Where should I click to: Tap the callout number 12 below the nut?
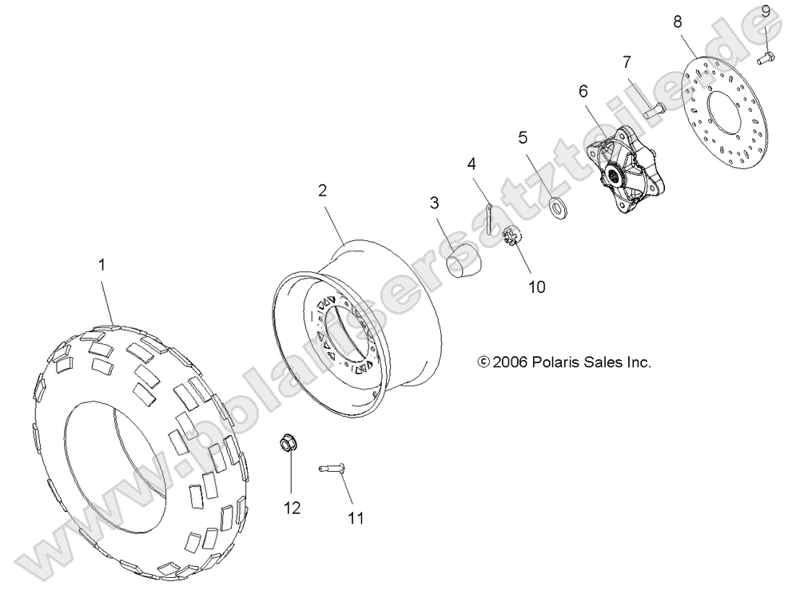pos(293,508)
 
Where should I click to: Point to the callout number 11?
pos(355,518)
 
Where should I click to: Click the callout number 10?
pos(536,287)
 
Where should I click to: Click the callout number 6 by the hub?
pos(583,91)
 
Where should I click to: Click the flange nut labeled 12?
pos(289,443)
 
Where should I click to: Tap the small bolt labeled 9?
pos(769,55)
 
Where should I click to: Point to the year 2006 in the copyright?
pos(508,362)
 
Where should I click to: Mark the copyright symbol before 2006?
pos(482,362)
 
